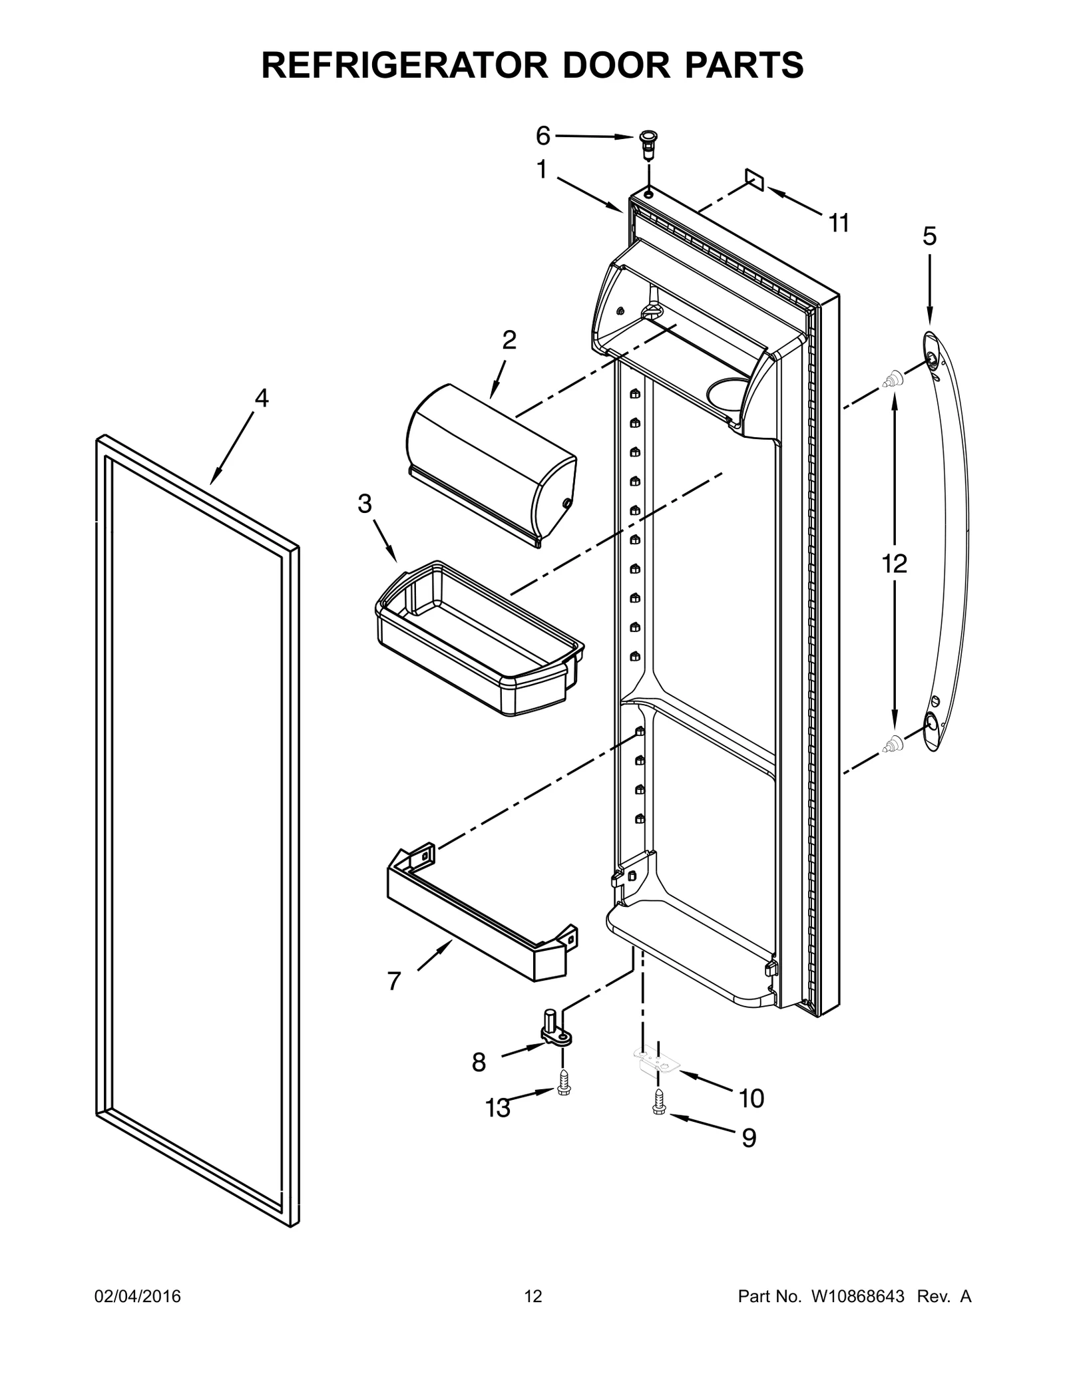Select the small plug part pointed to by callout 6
click(x=646, y=143)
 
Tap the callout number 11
click(x=839, y=224)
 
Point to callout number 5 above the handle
click(x=929, y=236)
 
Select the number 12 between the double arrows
click(x=894, y=564)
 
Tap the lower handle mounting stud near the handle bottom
click(x=892, y=743)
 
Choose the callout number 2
click(x=509, y=340)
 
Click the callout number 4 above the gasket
click(x=262, y=398)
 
